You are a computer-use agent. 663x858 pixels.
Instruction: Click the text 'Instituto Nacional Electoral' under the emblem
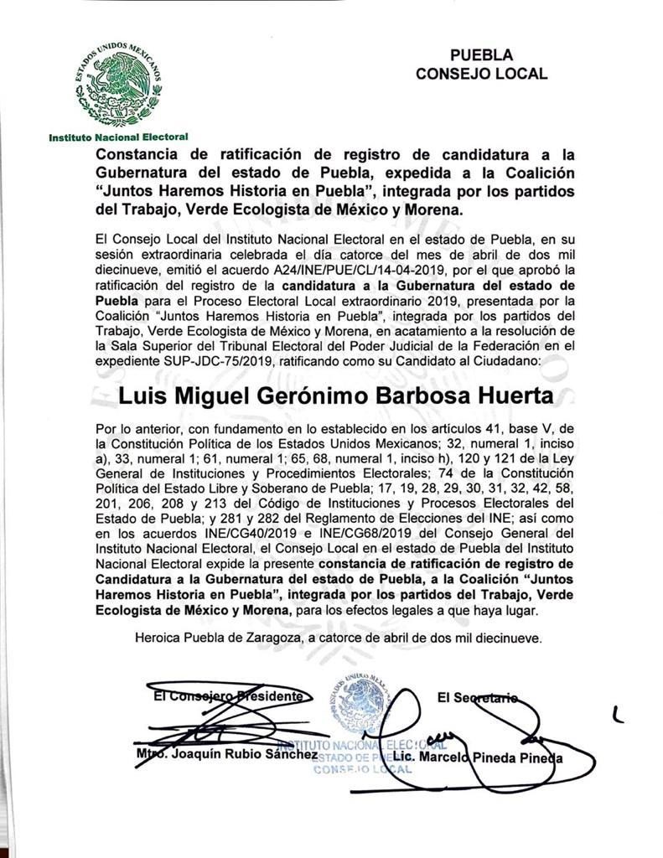click(x=118, y=137)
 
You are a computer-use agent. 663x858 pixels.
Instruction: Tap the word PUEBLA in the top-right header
click(x=482, y=55)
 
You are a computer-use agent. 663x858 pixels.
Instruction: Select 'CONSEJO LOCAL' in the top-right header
click(x=482, y=74)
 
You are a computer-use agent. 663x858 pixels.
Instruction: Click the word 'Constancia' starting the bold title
click(x=137, y=155)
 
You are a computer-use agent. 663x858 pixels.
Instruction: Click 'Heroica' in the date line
click(x=159, y=638)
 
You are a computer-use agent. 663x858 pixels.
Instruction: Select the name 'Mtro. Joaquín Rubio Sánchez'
click(x=225, y=756)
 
